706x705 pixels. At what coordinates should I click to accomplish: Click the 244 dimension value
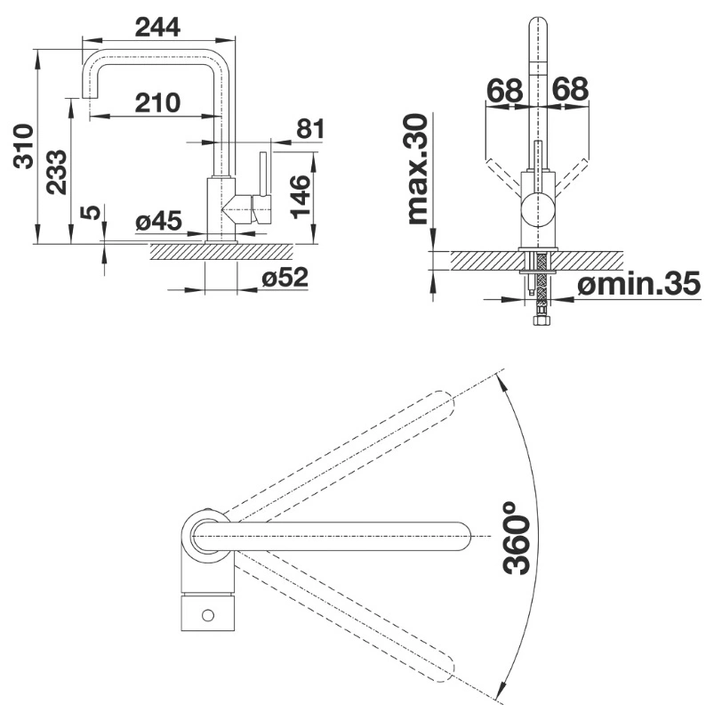pos(157,27)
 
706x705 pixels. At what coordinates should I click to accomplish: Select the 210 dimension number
pos(157,102)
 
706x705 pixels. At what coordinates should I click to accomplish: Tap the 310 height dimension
pos(23,147)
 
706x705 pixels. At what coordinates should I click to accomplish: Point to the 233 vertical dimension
pos(57,172)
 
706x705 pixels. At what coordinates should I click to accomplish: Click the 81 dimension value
pos(310,129)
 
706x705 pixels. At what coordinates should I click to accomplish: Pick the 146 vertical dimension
pos(301,197)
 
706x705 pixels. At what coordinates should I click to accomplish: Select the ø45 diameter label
pos(159,222)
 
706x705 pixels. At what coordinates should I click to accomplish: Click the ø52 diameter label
pos(285,277)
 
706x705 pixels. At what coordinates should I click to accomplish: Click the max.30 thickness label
pos(417,169)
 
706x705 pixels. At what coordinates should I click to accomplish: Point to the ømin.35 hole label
pos(639,284)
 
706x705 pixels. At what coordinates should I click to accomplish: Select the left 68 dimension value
pos(505,91)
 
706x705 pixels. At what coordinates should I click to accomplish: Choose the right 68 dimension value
pos(570,89)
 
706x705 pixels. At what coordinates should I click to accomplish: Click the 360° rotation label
pos(516,539)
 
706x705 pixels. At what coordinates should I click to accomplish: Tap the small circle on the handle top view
pos(208,615)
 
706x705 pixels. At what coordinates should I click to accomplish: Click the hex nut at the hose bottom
pos(539,321)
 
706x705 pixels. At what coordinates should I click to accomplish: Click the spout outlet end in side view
pos(91,98)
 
